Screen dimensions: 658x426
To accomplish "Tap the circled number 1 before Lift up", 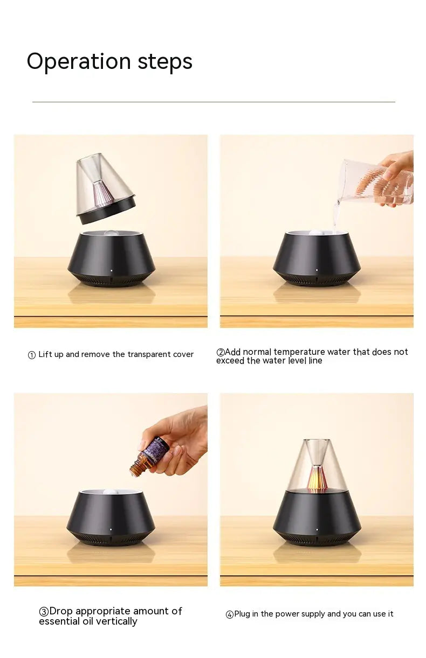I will coord(31,355).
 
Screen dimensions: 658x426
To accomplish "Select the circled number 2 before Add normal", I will coord(220,352).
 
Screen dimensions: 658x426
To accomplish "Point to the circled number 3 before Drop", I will coord(44,612).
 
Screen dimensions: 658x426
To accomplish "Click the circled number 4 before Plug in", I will coord(230,614).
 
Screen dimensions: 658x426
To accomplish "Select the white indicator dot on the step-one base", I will coord(111,271).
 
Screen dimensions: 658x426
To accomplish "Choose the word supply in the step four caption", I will coord(313,614).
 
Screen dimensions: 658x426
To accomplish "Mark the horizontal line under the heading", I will coord(214,102).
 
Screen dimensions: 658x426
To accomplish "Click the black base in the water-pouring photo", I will coord(317,258).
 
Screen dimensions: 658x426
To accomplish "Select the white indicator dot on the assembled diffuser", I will coord(317,530).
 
